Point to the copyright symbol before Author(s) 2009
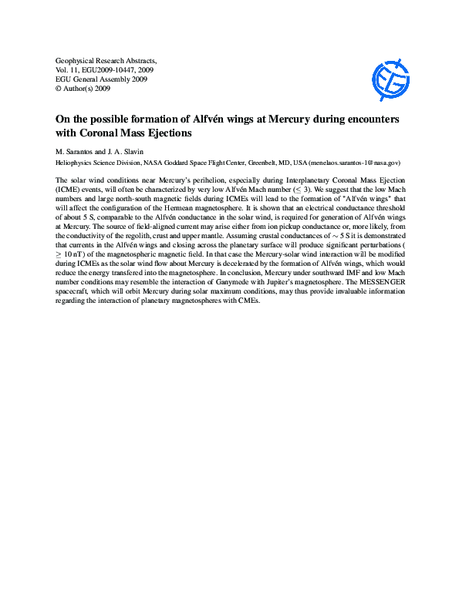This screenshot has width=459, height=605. (59, 89)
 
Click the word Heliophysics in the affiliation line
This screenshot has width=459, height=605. (76, 163)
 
